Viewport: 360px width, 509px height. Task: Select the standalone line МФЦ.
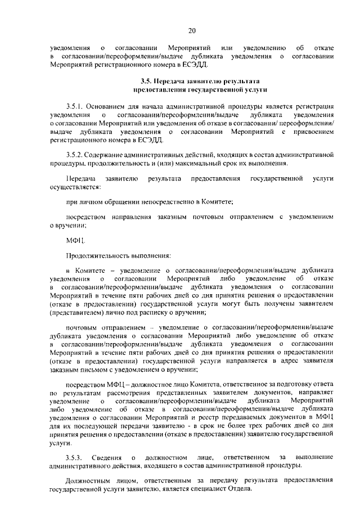pyautogui.click(x=75, y=241)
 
